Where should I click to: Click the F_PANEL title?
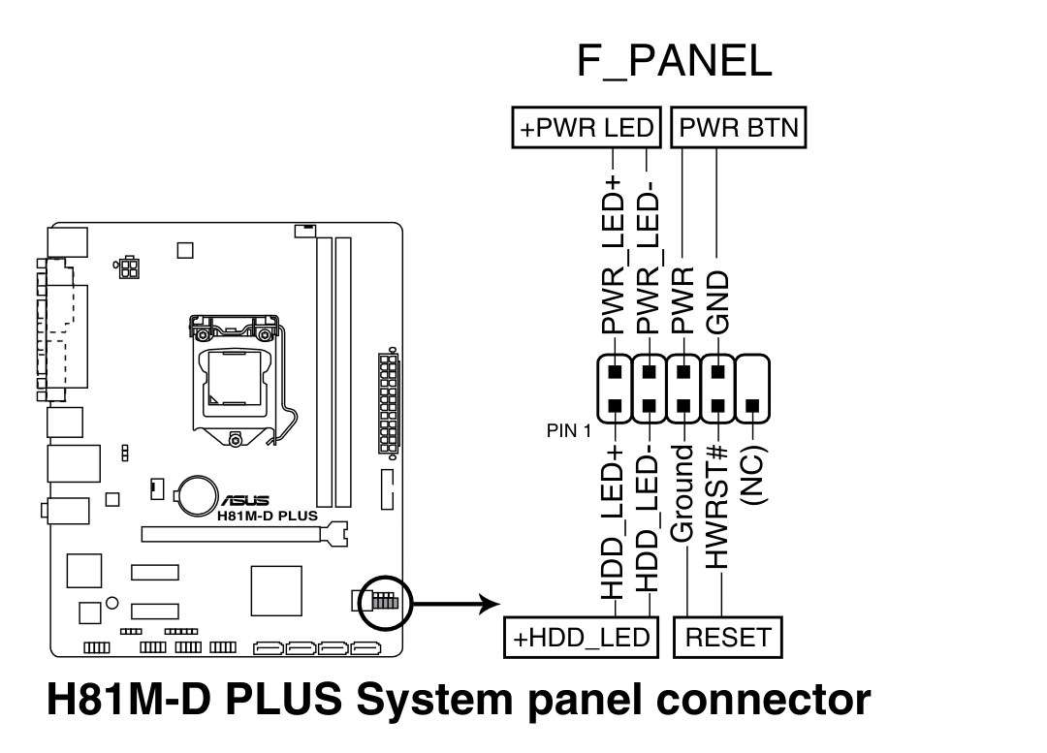675,61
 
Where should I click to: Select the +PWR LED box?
586,129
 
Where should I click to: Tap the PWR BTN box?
740,129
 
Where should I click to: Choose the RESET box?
727,638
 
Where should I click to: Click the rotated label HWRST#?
718,506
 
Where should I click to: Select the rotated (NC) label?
752,475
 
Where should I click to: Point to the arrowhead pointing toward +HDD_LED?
489,605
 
